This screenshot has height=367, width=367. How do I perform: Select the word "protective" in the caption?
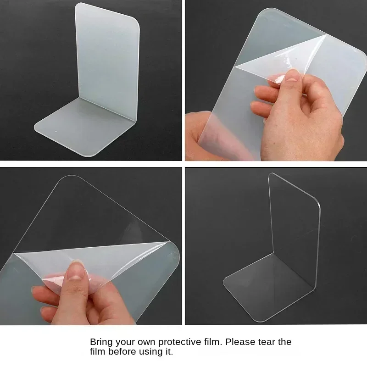[174, 342]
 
